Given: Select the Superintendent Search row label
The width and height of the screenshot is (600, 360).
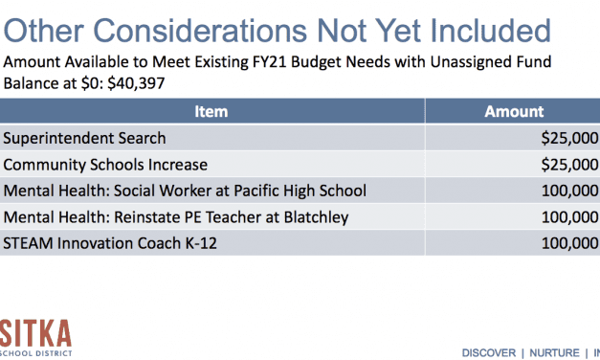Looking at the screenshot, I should point(84,139).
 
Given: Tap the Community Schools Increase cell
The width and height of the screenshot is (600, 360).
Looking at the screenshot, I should point(105,165).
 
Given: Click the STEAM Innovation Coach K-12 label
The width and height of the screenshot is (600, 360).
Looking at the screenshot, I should point(110,243).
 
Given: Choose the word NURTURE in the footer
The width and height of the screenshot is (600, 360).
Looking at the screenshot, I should point(549,349).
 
